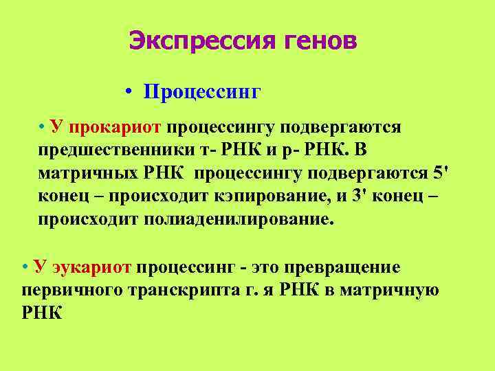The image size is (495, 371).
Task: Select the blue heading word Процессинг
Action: coord(202,92)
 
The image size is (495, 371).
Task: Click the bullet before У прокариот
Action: coord(43,126)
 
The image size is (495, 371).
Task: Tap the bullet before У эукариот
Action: coord(25,267)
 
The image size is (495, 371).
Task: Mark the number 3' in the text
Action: coord(360,196)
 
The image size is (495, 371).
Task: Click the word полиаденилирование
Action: coord(239,220)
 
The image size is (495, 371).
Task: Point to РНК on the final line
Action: coord(43,313)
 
